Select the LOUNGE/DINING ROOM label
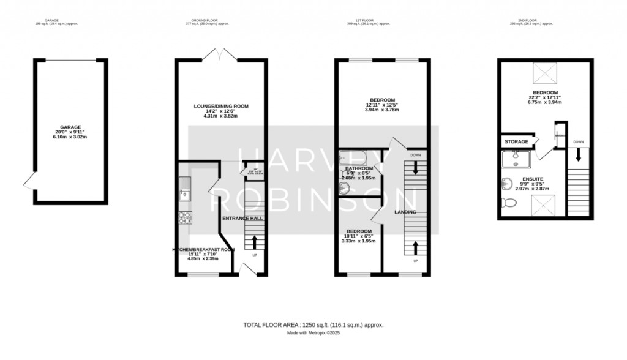pyautogui.click(x=221, y=106)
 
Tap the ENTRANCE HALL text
pyautogui.click(x=242, y=218)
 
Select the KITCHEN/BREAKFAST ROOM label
pyautogui.click(x=203, y=250)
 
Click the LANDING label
pyautogui.click(x=405, y=212)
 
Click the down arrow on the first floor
pyautogui.click(x=415, y=169)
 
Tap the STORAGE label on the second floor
pyautogui.click(x=516, y=141)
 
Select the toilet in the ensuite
pyautogui.click(x=508, y=203)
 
